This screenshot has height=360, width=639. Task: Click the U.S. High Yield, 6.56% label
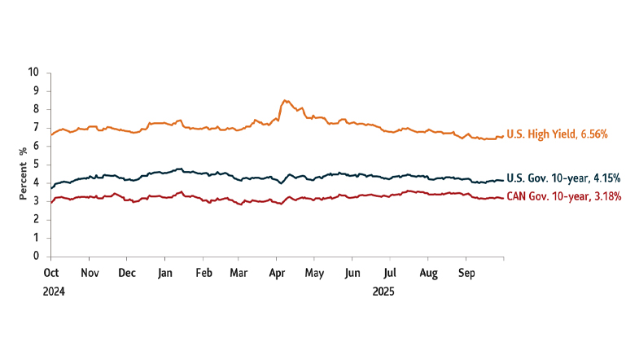coord(557,134)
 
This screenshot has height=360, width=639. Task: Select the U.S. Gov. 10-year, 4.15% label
coord(563,178)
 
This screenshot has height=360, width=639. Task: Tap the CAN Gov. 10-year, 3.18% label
coord(564,196)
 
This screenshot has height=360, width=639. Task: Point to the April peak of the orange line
coord(283,101)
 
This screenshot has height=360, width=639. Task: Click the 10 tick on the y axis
coord(33,72)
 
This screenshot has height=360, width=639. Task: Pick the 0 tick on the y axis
coord(37,256)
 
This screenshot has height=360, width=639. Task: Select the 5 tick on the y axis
coord(37,165)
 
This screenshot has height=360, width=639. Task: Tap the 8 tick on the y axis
coord(37,109)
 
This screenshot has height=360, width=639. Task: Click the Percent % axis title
coord(24,164)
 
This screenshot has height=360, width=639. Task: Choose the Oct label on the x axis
coord(50,273)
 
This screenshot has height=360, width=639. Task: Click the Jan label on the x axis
coord(164,273)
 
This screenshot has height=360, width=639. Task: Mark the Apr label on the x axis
coord(277,273)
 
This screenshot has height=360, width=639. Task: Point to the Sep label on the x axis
coord(466,273)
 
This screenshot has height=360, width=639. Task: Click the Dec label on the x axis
coord(127,273)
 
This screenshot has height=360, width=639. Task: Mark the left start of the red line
coord(51,202)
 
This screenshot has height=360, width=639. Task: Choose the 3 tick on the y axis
coord(37,201)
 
